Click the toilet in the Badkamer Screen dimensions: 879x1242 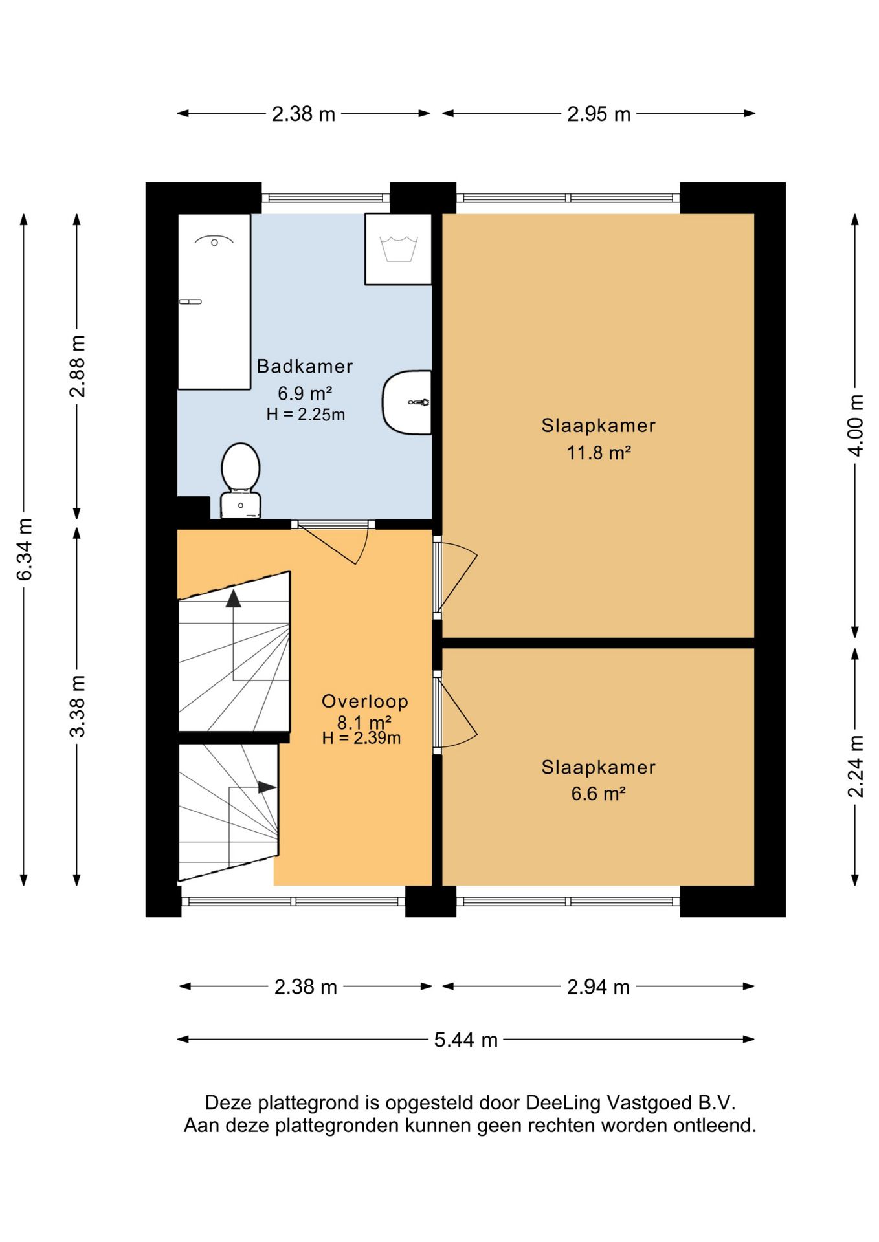click(x=241, y=481)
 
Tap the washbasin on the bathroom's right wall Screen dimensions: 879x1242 click(x=407, y=402)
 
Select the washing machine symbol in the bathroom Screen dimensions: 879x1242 click(x=398, y=249)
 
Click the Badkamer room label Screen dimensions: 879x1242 click(x=305, y=366)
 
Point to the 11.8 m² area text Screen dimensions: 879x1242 click(x=599, y=453)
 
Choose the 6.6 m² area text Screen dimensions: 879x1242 click(x=599, y=794)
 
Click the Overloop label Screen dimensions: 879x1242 click(x=365, y=701)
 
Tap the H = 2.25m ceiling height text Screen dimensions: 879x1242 click(x=306, y=414)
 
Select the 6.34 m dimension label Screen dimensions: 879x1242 click(x=25, y=550)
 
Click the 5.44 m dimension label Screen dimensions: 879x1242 click(x=466, y=1040)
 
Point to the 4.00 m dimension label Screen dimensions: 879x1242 click(x=856, y=426)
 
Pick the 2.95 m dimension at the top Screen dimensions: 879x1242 click(x=599, y=114)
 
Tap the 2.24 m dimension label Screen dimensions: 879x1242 click(x=856, y=767)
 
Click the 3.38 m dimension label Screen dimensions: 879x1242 click(x=78, y=706)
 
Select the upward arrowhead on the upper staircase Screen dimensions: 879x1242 click(x=234, y=598)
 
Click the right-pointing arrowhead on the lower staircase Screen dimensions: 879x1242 click(x=267, y=787)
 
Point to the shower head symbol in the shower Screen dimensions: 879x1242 click(x=214, y=242)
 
